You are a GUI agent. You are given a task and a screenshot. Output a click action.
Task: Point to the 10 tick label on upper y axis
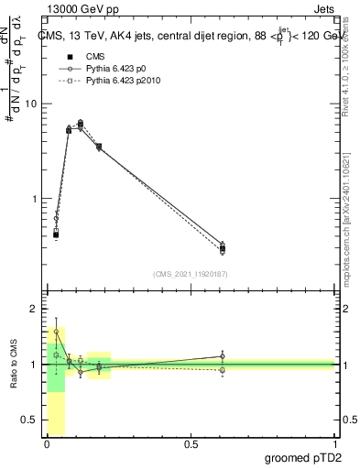point(31,104)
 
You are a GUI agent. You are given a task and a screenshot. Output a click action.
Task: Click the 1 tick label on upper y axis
point(34,199)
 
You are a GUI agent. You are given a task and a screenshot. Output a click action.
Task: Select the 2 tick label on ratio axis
point(34,309)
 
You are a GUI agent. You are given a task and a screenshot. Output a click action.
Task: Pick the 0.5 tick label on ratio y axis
point(28,420)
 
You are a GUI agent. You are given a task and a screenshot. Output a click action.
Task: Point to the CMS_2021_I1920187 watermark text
point(190,273)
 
